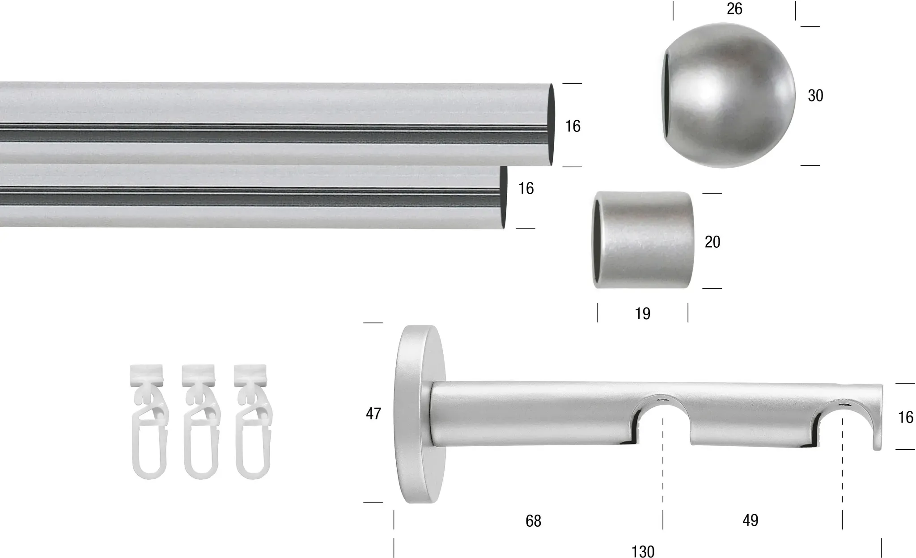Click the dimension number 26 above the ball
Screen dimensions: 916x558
tap(734, 9)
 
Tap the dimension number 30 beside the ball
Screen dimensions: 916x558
tap(815, 96)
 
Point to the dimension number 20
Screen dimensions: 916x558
tap(712, 242)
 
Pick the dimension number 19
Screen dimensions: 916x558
tap(643, 314)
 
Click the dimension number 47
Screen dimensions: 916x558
tap(373, 414)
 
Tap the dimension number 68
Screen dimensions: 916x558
tap(533, 521)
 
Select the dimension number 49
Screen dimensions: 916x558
tap(750, 520)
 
